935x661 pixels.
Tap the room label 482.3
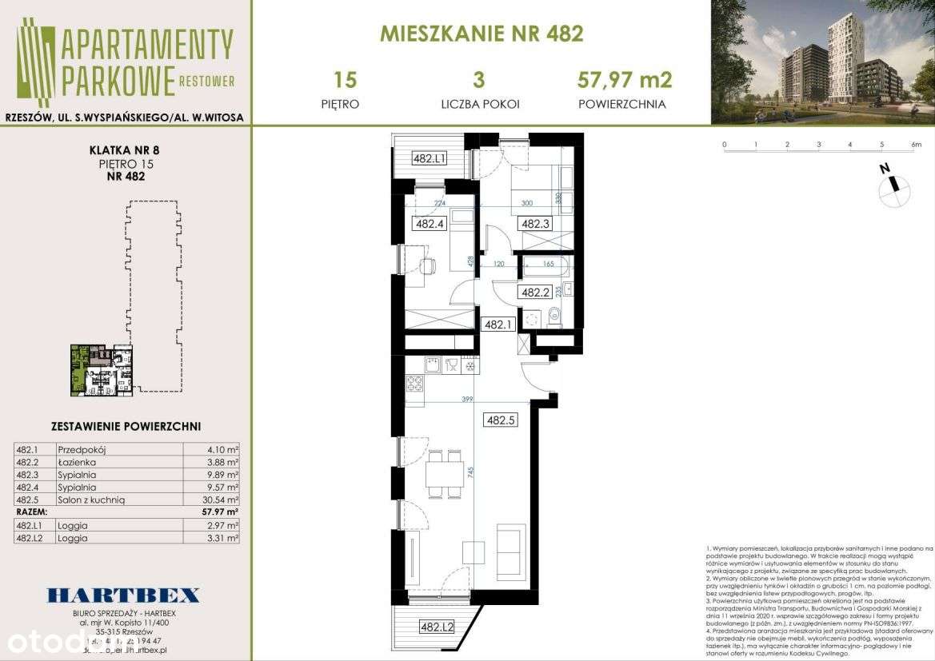click(x=535, y=225)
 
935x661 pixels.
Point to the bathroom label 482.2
click(x=533, y=293)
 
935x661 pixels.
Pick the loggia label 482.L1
click(x=429, y=158)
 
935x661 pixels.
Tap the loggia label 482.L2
click(x=437, y=627)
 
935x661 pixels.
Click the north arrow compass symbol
click(x=893, y=187)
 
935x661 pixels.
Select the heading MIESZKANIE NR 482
click(x=481, y=34)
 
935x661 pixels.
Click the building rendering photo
click(x=822, y=62)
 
